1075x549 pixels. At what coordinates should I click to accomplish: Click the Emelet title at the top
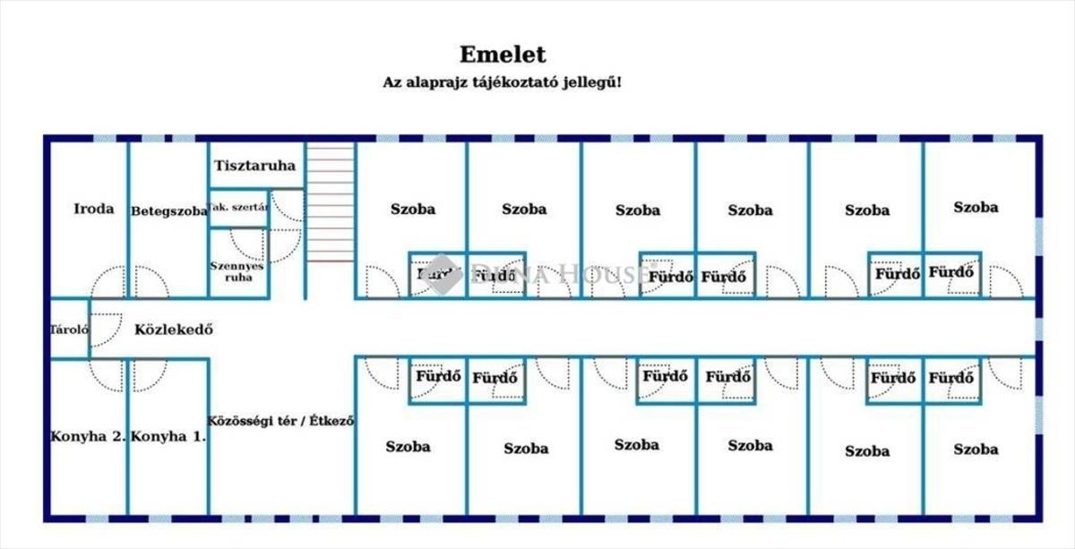coord(503,55)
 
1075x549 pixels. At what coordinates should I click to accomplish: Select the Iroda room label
coord(94,209)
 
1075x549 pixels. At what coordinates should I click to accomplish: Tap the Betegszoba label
coord(169,211)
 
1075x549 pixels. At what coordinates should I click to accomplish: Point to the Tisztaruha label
coord(255,166)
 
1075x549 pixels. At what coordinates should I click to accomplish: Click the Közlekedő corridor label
coord(173,329)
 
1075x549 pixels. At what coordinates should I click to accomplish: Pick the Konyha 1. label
coord(168,437)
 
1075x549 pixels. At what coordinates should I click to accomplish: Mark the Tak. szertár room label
coord(239,208)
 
